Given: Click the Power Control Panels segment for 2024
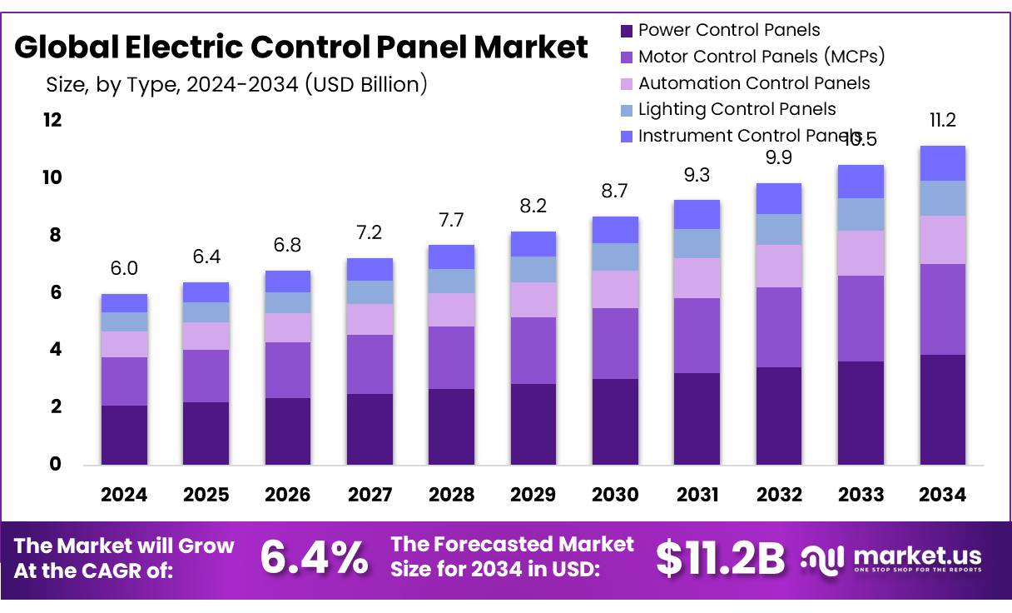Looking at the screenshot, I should [x=124, y=435].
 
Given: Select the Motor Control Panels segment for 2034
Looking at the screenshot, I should [x=942, y=309].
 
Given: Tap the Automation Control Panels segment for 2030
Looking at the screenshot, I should [x=615, y=289].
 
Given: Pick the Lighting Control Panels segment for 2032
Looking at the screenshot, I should [x=778, y=229].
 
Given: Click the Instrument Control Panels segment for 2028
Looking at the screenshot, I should [x=451, y=257].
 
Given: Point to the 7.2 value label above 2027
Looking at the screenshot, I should [x=369, y=233].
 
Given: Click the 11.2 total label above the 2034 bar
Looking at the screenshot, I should [x=942, y=121].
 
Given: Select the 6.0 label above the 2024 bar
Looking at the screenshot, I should [x=124, y=269].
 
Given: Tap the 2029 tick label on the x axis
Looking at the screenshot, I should [x=533, y=495].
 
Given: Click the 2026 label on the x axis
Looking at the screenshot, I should [x=287, y=495].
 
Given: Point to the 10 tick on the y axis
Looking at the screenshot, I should [x=52, y=177].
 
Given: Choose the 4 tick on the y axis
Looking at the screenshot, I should [x=55, y=350].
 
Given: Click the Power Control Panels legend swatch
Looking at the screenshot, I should [x=627, y=31].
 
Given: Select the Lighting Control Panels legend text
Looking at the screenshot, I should [x=737, y=109].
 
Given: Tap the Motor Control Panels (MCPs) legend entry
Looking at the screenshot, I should [x=761, y=57].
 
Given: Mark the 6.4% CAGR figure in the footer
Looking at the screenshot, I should [x=314, y=557].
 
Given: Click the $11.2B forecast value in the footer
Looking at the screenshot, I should [x=720, y=558].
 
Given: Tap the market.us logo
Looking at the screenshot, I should [x=890, y=558].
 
